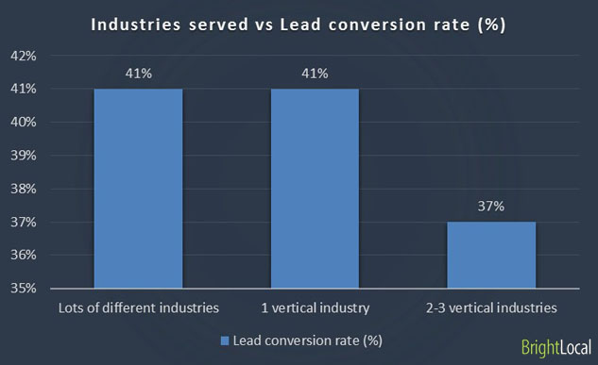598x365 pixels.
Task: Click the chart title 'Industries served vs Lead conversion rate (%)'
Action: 299,25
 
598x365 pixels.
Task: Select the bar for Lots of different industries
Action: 138,188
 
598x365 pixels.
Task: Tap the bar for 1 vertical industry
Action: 315,188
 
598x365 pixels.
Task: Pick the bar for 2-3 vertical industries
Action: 490,255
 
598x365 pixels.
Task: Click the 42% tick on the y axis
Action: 24,56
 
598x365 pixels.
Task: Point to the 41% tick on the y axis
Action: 24,89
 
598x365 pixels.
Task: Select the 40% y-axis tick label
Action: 24,123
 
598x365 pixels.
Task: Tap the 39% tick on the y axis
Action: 24,156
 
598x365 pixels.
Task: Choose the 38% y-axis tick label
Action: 24,189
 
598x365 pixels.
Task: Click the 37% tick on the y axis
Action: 24,223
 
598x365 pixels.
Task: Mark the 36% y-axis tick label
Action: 24,256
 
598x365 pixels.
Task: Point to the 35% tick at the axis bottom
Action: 24,289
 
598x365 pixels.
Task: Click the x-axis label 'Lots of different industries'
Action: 138,307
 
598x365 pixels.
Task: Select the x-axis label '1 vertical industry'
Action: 315,307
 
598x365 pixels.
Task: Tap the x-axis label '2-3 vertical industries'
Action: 490,307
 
